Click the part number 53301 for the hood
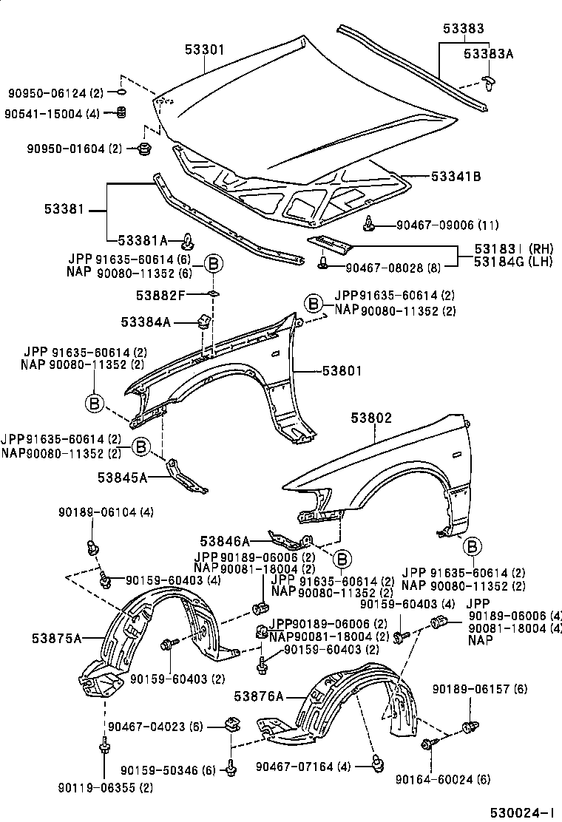click(204, 50)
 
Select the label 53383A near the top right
click(488, 54)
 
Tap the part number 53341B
click(456, 177)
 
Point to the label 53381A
click(143, 241)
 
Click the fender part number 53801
click(342, 371)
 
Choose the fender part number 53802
click(371, 418)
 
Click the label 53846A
click(224, 540)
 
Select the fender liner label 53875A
click(57, 639)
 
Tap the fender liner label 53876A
click(259, 696)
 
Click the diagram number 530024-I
click(522, 812)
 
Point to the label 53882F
click(160, 296)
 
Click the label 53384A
click(146, 322)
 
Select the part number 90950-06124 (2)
click(55, 93)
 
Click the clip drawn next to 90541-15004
click(121, 112)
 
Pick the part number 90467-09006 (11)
click(447, 225)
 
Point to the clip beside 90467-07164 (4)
click(376, 764)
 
